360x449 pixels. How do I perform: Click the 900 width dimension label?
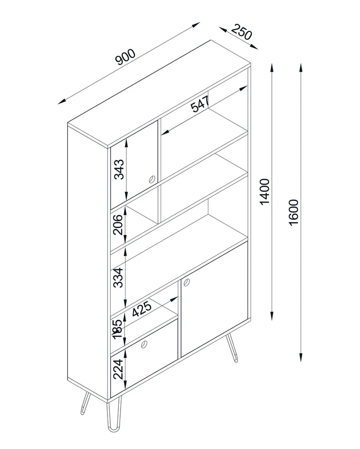pos(125,57)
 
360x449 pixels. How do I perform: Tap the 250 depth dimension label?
pos(242,32)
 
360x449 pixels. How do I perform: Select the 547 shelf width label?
pos(200,104)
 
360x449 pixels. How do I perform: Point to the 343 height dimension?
pos(119,169)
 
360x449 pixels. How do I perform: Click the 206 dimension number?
pos(117,224)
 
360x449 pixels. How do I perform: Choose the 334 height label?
pos(118,277)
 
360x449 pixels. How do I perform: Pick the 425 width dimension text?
pos(142,308)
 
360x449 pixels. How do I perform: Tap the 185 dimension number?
pos(117,329)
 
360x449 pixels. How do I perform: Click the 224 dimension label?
pos(118,369)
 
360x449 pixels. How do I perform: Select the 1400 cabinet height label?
pos(265,191)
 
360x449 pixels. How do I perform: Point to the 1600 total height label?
pos(293,213)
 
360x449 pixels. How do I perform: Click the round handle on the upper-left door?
pos(152,179)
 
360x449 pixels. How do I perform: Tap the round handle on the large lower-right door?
pos(187,282)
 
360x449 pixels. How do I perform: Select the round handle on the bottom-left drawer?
pos(144,345)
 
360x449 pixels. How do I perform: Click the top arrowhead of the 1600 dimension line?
pos(301,67)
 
